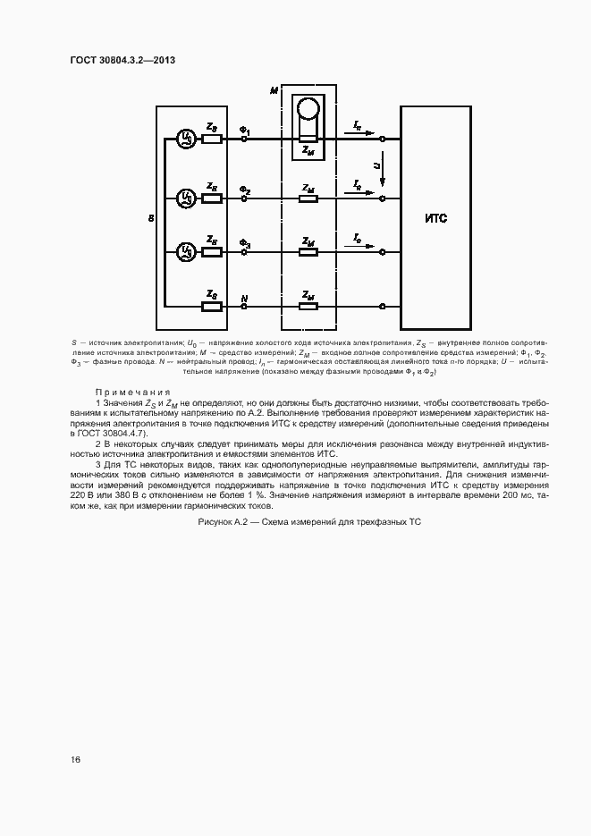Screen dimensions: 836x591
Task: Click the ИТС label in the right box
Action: point(435,217)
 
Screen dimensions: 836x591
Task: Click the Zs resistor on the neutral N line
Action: point(212,307)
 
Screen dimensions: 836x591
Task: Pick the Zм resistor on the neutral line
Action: point(308,307)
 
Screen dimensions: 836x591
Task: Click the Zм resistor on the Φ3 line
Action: point(308,252)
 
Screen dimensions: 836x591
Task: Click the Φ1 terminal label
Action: point(245,131)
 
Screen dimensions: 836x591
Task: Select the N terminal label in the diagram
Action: point(244,297)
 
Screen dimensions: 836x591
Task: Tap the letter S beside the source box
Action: point(149,216)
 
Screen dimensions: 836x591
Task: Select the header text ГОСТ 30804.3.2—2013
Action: point(122,59)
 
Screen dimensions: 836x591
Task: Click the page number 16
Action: point(76,760)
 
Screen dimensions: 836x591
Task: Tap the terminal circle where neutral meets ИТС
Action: point(383,307)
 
